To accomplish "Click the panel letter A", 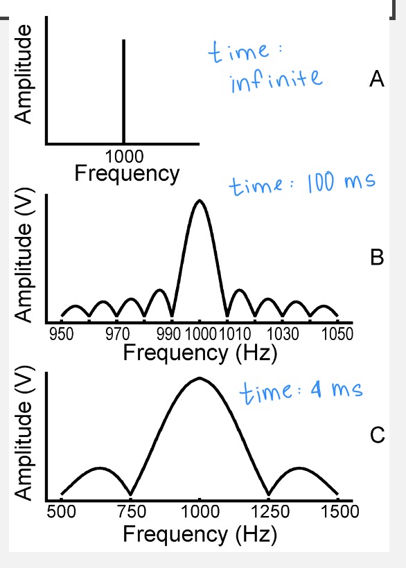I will [x=377, y=81].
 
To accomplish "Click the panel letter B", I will [x=377, y=258].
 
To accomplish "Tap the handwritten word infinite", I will [x=275, y=80].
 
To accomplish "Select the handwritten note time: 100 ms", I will [x=301, y=184].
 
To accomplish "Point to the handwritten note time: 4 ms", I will [x=301, y=392].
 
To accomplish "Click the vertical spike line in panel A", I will [x=123, y=90].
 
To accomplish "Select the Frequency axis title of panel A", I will [x=127, y=172].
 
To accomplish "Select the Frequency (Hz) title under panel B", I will [x=200, y=353].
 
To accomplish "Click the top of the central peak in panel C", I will [x=200, y=378].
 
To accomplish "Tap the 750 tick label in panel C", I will [x=131, y=513].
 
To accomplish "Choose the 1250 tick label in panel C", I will [x=268, y=513].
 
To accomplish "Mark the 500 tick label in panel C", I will [x=62, y=513].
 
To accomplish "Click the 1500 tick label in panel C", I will [x=337, y=513].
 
